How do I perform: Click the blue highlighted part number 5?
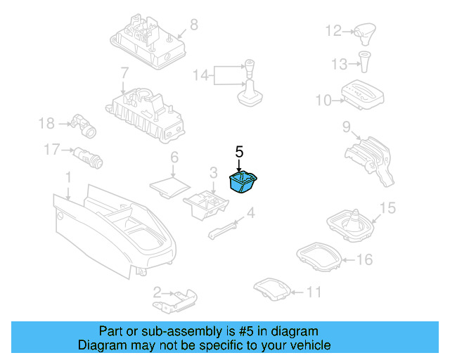(243, 183)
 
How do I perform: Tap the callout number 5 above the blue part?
(239, 151)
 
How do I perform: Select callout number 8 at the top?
(194, 25)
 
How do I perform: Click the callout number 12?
(333, 30)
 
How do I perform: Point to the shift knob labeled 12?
(366, 32)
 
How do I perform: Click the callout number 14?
(201, 75)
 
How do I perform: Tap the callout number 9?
(347, 127)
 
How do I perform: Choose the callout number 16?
(364, 260)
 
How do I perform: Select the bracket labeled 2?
(179, 298)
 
